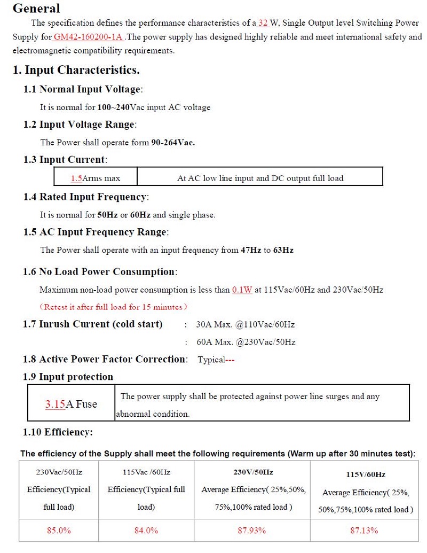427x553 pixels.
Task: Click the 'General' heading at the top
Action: [36, 9]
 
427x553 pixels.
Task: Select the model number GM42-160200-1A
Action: [88, 37]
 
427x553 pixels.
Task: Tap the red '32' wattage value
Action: [263, 23]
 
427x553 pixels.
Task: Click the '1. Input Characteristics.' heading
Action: [76, 70]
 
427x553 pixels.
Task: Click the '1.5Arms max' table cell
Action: [96, 178]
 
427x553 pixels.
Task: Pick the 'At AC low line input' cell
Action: [260, 178]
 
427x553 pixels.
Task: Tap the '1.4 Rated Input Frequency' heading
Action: [85, 197]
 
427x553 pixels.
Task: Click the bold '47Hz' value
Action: [251, 250]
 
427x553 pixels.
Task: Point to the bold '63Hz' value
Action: [283, 250]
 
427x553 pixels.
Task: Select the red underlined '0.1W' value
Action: [242, 290]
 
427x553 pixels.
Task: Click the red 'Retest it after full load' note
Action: [114, 307]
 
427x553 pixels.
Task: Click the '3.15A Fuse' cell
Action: [71, 404]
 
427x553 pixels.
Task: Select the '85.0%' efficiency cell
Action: [59, 531]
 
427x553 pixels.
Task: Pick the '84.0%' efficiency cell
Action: [146, 531]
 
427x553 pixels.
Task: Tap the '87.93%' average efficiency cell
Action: [251, 531]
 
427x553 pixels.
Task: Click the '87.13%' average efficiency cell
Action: [364, 531]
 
